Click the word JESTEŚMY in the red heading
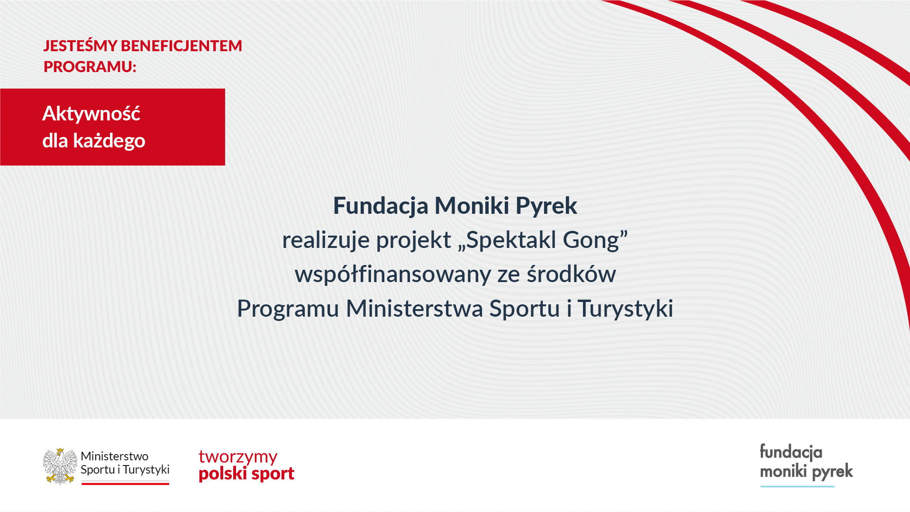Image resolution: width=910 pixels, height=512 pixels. [x=80, y=46]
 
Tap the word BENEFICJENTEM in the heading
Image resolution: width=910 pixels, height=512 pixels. [x=182, y=46]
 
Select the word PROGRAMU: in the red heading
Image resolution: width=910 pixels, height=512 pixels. [x=90, y=67]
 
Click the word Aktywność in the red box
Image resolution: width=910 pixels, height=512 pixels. [x=91, y=113]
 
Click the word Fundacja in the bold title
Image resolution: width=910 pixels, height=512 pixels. [x=381, y=206]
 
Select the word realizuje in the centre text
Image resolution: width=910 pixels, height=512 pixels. [x=326, y=240]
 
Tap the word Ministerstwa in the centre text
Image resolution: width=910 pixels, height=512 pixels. [x=415, y=309]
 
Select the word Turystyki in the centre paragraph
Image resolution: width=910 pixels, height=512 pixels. [x=626, y=309]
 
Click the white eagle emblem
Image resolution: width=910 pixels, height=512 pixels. [x=60, y=466]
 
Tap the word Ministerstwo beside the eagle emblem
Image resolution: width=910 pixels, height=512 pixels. [x=114, y=457]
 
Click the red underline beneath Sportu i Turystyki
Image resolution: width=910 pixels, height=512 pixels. [x=125, y=484]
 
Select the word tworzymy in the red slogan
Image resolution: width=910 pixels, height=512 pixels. [x=238, y=457]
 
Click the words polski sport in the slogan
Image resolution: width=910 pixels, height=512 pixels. [x=246, y=474]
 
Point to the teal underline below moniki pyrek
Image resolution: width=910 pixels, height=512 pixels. [x=797, y=486]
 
